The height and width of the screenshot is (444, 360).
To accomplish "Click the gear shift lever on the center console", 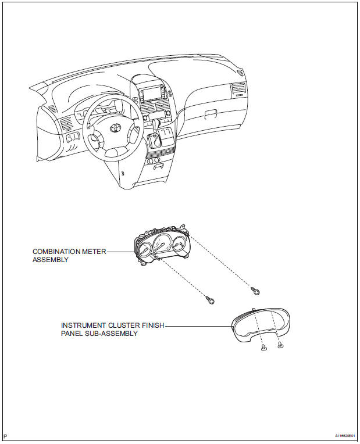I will [156, 139].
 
